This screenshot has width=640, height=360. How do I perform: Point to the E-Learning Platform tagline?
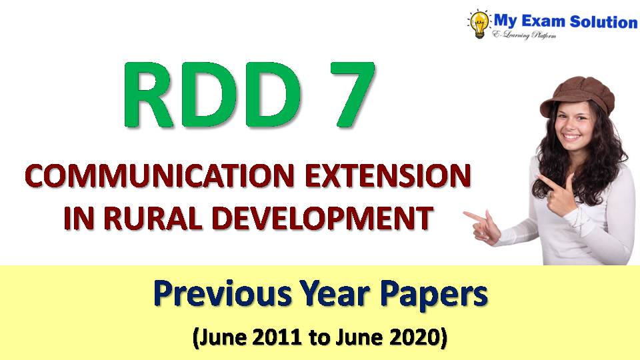(x=533, y=35)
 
